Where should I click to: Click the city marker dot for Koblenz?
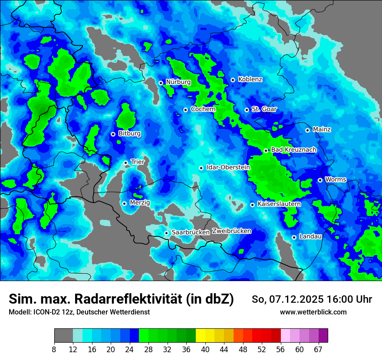233,80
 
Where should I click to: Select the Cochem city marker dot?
185,110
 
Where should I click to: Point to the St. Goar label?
264,109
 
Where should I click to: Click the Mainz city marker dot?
307,130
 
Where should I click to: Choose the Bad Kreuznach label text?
293,150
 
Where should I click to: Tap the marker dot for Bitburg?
113,134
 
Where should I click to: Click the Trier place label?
138,162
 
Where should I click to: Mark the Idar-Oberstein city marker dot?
201,168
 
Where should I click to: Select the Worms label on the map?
336,179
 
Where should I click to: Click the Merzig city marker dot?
124,203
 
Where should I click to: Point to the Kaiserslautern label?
279,204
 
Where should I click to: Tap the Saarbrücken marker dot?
166,233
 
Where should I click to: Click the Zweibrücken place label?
231,231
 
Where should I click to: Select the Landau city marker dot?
294,237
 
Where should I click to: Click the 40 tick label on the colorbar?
205,350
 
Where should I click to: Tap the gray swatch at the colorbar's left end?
63,336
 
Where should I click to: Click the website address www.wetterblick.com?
313,312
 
